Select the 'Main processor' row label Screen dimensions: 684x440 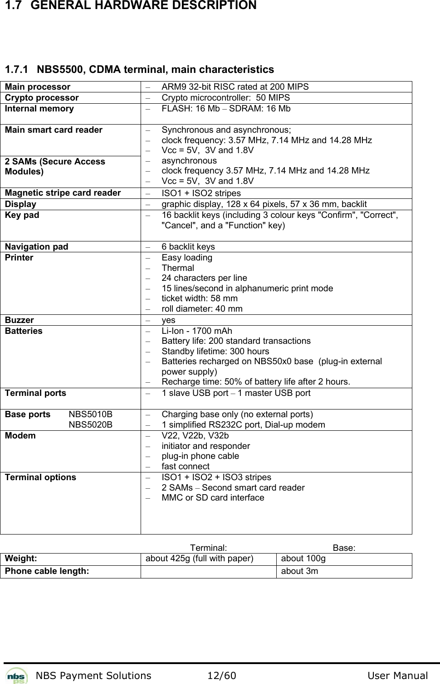point(38,87)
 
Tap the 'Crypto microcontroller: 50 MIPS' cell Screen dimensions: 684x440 point(225,98)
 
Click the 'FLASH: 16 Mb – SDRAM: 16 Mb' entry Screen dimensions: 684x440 point(226,109)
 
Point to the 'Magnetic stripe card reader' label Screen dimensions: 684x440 point(63,193)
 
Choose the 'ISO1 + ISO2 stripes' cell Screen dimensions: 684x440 point(201,193)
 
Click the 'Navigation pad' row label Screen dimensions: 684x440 point(37,247)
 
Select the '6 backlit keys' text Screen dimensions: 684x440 point(188,247)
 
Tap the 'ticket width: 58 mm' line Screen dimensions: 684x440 point(200,299)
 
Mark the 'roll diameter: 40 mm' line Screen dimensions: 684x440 point(202,309)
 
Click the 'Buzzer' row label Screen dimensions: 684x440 point(20,320)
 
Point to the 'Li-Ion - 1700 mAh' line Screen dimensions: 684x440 point(197,331)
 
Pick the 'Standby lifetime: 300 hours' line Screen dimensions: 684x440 point(215,352)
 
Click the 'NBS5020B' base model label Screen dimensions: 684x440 point(91,425)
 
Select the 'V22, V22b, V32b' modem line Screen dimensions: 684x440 point(195,436)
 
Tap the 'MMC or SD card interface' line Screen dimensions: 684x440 point(213,498)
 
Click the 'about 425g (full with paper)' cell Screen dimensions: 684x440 point(199,559)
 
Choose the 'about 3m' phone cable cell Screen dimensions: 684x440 point(299,571)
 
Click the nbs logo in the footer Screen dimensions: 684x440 point(17,675)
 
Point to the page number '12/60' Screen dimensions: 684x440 point(221,676)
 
